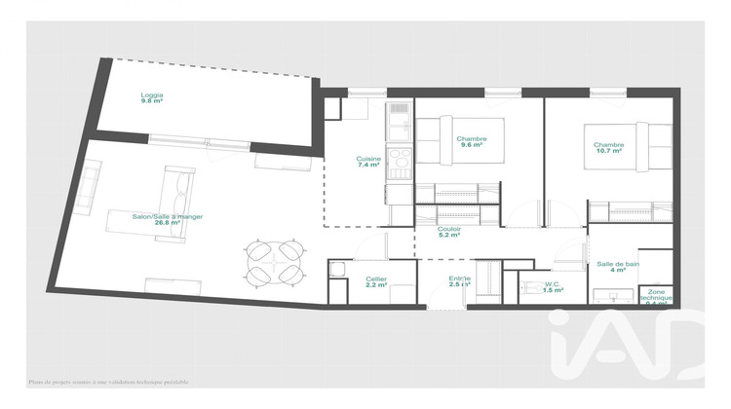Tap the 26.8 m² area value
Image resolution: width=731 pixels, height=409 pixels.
[169, 223]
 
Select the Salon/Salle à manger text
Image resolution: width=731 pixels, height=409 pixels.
[168, 216]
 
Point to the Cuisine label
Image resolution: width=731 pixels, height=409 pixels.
[367, 159]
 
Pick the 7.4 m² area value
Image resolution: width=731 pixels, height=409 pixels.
[367, 166]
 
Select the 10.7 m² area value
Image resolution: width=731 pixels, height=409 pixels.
[608, 153]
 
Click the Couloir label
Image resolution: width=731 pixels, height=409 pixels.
[449, 227]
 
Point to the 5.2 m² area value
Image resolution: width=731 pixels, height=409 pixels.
[449, 235]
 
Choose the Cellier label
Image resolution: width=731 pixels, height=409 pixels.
[376, 279]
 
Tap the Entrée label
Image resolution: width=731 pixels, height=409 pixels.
[459, 279]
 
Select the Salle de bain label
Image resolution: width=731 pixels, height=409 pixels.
[617, 263]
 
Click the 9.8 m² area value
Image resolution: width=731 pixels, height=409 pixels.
[151, 100]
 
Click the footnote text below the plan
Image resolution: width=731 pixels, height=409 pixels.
[109, 383]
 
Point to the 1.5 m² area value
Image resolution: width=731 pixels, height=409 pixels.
[554, 291]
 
